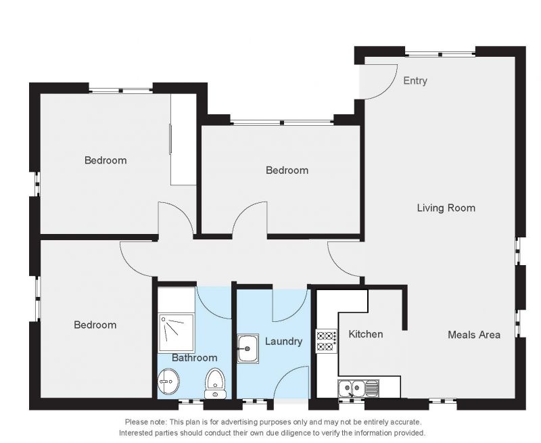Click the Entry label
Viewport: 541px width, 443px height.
click(x=415, y=80)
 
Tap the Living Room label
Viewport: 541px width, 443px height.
click(x=446, y=208)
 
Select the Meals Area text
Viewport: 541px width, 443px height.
click(x=474, y=335)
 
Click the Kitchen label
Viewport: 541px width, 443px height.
click(x=366, y=334)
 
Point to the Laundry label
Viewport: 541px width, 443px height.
click(x=283, y=342)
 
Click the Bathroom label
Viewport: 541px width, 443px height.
click(x=195, y=358)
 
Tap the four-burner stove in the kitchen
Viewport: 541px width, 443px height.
click(x=327, y=340)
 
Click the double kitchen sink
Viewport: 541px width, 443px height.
click(x=358, y=388)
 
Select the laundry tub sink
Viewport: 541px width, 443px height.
click(x=248, y=348)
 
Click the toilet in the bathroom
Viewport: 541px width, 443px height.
click(x=214, y=383)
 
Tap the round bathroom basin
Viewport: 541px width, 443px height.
click(x=168, y=381)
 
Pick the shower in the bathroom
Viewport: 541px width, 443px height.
click(x=177, y=332)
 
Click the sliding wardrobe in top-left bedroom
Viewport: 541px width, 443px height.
click(x=183, y=139)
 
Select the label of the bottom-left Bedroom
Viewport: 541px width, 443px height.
click(x=95, y=325)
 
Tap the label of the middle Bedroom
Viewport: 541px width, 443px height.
click(x=287, y=170)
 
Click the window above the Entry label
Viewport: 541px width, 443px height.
click(x=440, y=54)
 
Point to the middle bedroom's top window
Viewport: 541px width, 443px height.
click(x=282, y=122)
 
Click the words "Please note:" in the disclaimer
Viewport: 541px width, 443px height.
click(x=146, y=422)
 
